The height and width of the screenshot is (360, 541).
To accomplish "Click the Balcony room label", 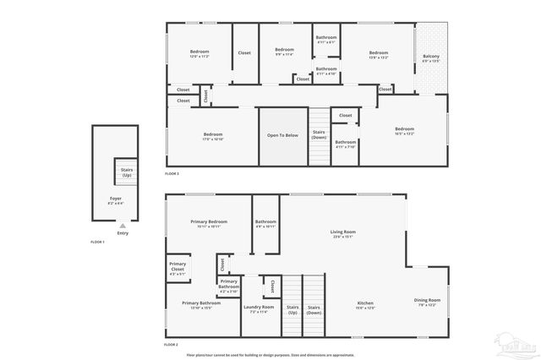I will (x=431, y=58).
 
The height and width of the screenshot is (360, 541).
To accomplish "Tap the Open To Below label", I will (x=283, y=135).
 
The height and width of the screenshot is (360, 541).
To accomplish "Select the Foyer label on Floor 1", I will (x=116, y=201).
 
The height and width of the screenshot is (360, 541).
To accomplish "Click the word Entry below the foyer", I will (x=123, y=232).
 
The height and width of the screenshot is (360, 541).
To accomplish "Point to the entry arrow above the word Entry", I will (x=123, y=226).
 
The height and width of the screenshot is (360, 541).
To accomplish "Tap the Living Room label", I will (x=342, y=233).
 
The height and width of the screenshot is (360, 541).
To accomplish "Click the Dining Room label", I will (x=427, y=303).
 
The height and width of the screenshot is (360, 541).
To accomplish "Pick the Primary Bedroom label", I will (x=209, y=223).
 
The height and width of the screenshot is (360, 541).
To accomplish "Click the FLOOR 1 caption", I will (x=97, y=242).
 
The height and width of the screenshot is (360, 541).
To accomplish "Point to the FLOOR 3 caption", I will (x=172, y=173).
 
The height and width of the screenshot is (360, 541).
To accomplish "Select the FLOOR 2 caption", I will (x=172, y=345).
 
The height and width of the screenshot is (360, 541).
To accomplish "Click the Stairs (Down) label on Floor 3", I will (x=319, y=134).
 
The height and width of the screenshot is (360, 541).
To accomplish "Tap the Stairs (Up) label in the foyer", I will (x=127, y=172).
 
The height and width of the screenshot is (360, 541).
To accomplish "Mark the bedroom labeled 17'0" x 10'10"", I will (x=212, y=137).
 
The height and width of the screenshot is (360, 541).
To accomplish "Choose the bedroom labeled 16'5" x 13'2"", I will (x=404, y=131).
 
